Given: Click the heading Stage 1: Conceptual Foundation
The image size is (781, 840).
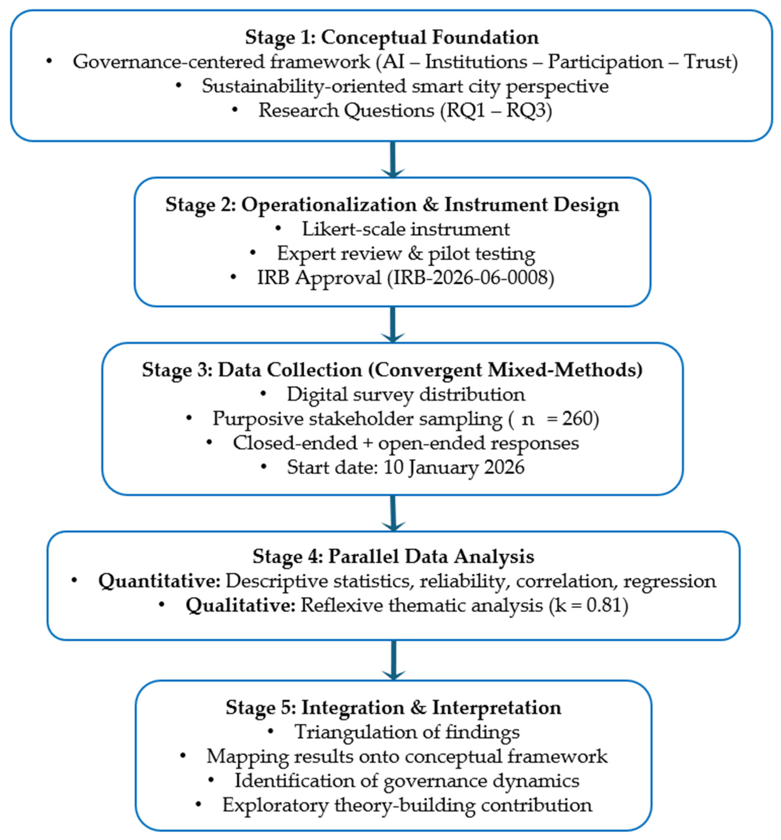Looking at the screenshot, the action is [x=392, y=38].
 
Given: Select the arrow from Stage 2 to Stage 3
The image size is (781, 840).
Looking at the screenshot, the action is [x=393, y=324].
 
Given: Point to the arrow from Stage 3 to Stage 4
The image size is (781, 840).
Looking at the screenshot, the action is [x=393, y=513].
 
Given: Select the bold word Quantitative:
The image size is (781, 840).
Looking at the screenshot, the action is [x=159, y=581].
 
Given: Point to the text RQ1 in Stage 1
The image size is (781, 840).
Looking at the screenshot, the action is [x=466, y=111].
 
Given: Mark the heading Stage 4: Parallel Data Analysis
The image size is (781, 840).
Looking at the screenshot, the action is [x=393, y=556].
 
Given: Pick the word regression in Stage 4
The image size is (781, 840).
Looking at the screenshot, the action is [x=670, y=582].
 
